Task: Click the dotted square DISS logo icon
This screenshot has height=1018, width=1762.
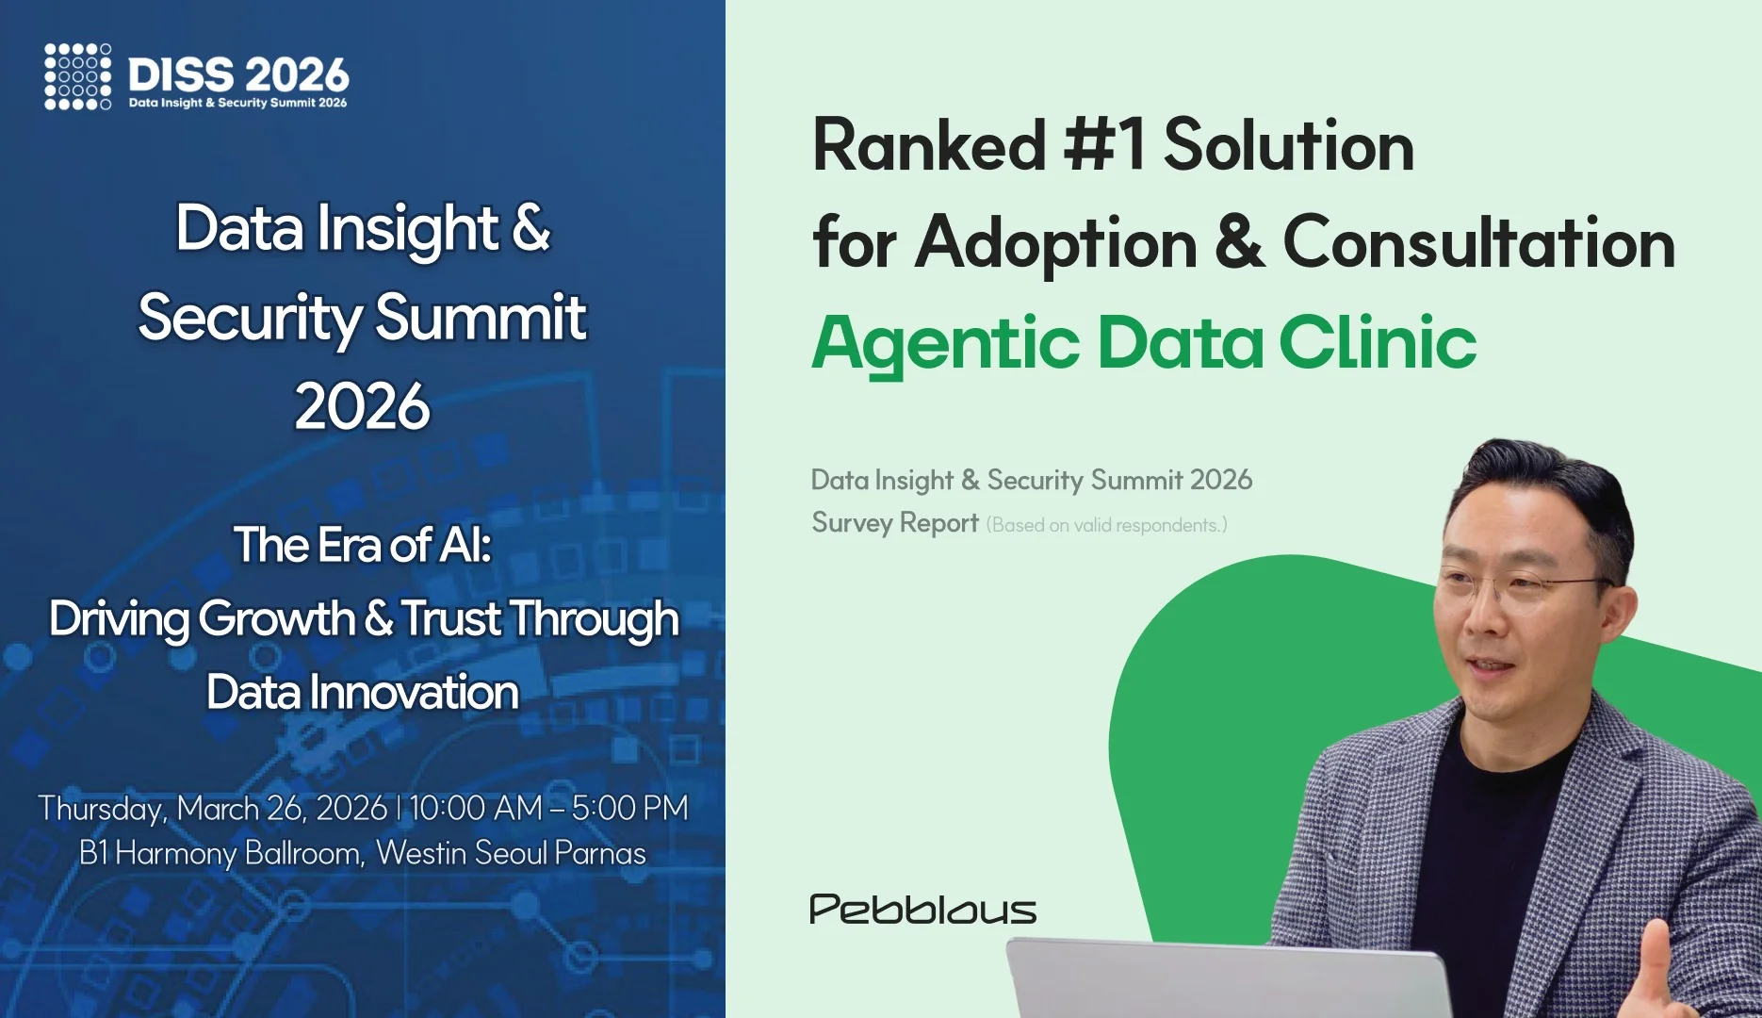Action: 77,76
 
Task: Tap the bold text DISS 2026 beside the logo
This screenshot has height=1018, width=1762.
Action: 238,74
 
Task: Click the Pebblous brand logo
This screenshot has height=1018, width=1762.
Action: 922,910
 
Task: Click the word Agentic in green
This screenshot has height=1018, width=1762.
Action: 945,343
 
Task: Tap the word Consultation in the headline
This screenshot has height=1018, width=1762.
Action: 1478,242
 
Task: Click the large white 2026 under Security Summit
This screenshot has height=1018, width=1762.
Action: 362,406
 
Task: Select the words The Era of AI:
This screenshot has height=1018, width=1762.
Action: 363,544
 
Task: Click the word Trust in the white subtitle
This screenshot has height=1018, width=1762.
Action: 451,619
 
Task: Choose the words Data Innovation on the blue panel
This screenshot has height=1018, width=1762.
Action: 363,692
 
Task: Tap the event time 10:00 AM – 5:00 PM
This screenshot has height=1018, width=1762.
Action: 548,808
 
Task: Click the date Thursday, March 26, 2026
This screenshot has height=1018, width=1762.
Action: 212,809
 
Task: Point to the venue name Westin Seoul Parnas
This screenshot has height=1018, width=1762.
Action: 510,853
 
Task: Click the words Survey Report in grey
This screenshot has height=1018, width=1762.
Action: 895,523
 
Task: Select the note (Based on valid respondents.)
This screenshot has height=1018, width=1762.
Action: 1106,525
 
